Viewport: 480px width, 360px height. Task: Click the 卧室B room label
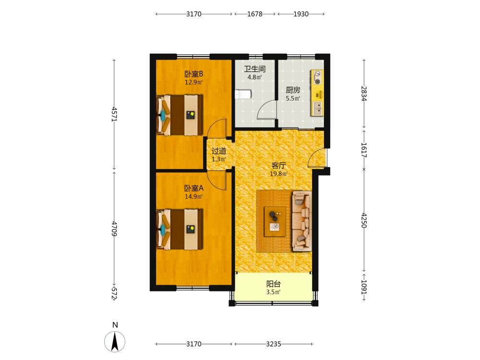click(x=193, y=74)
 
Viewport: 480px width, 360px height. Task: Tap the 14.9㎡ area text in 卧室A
click(x=193, y=196)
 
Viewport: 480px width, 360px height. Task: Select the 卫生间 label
click(x=255, y=69)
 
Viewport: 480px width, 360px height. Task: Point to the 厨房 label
click(x=293, y=90)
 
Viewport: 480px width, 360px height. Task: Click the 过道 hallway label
click(x=219, y=151)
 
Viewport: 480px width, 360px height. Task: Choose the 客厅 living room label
click(x=278, y=166)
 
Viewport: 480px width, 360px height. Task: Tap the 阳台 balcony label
click(x=274, y=284)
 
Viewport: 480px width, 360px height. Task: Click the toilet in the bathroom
click(x=243, y=94)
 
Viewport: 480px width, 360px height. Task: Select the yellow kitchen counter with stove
click(x=317, y=93)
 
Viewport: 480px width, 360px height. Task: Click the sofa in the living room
click(x=302, y=221)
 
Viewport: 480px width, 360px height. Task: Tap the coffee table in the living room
click(x=275, y=221)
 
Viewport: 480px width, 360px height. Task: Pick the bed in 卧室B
click(x=180, y=115)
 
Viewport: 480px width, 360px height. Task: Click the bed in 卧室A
click(x=180, y=229)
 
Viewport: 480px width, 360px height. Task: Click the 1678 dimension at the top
click(x=255, y=14)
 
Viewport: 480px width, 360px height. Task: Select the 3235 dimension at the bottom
click(x=274, y=344)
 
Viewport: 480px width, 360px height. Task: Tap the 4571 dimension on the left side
click(x=114, y=114)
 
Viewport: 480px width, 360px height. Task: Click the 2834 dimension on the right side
click(x=364, y=94)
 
